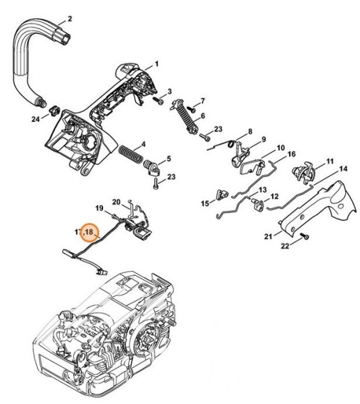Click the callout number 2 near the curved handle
70,17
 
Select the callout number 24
36,120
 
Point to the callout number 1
156,64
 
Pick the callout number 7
202,100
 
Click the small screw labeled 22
306,240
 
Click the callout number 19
100,208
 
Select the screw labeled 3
158,100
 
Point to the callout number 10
280,148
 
